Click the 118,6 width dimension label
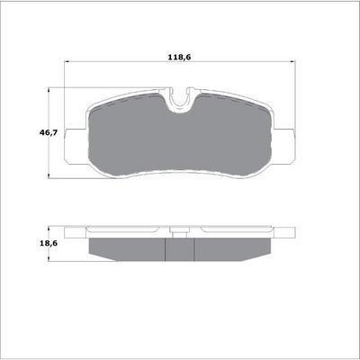click(179, 57)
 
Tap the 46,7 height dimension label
click(48, 132)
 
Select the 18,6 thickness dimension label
click(49, 243)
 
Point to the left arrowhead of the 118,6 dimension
click(67, 62)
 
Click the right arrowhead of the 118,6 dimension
click(292, 62)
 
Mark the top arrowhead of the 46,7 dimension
click(49, 90)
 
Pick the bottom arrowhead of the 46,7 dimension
click(49, 176)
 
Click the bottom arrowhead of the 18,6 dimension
click(49, 258)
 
